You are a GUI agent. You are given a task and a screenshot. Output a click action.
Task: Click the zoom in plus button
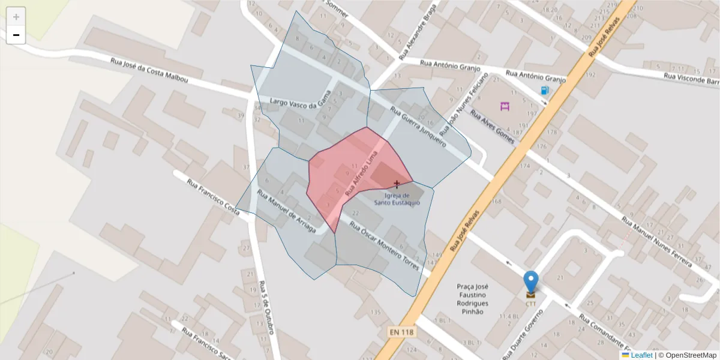tap(16, 17)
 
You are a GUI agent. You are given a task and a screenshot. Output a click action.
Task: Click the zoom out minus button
tap(16, 35)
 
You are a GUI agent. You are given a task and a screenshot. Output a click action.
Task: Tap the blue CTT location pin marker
tap(530, 281)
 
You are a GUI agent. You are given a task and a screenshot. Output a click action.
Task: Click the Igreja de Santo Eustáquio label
tap(397, 199)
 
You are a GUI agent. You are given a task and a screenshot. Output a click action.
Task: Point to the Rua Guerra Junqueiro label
tap(418, 127)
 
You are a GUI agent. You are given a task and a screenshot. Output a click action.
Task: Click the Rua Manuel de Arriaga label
tap(286, 213)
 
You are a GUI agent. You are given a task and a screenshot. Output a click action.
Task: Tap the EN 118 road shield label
tap(401, 331)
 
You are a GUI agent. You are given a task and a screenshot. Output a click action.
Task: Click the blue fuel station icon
tap(545, 91)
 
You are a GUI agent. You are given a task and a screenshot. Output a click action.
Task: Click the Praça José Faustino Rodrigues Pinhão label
tap(473, 299)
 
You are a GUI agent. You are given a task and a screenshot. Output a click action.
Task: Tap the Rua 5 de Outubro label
tap(268, 308)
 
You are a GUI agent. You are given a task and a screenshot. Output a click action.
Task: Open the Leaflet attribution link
tap(641, 355)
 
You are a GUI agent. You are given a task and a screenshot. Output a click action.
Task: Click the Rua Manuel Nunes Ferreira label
tap(656, 239)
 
